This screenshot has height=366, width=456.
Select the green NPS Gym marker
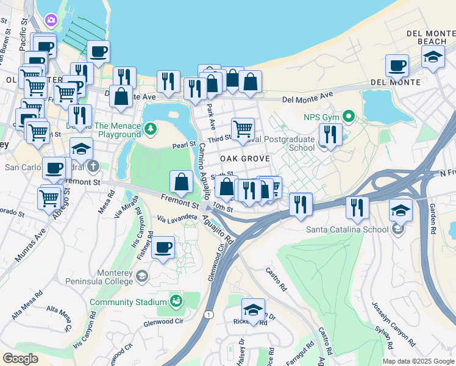349,115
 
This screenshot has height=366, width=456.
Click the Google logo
21,359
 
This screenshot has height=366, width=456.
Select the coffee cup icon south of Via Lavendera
163,247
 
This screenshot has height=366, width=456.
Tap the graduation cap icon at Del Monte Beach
433,57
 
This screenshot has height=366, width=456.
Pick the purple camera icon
50,20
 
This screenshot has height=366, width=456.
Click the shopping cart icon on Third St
243,128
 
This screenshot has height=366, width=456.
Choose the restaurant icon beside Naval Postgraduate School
330,134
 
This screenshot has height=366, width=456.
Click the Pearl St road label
183,146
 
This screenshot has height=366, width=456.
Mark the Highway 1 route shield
209,314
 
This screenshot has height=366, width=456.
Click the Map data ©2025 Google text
418,361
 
